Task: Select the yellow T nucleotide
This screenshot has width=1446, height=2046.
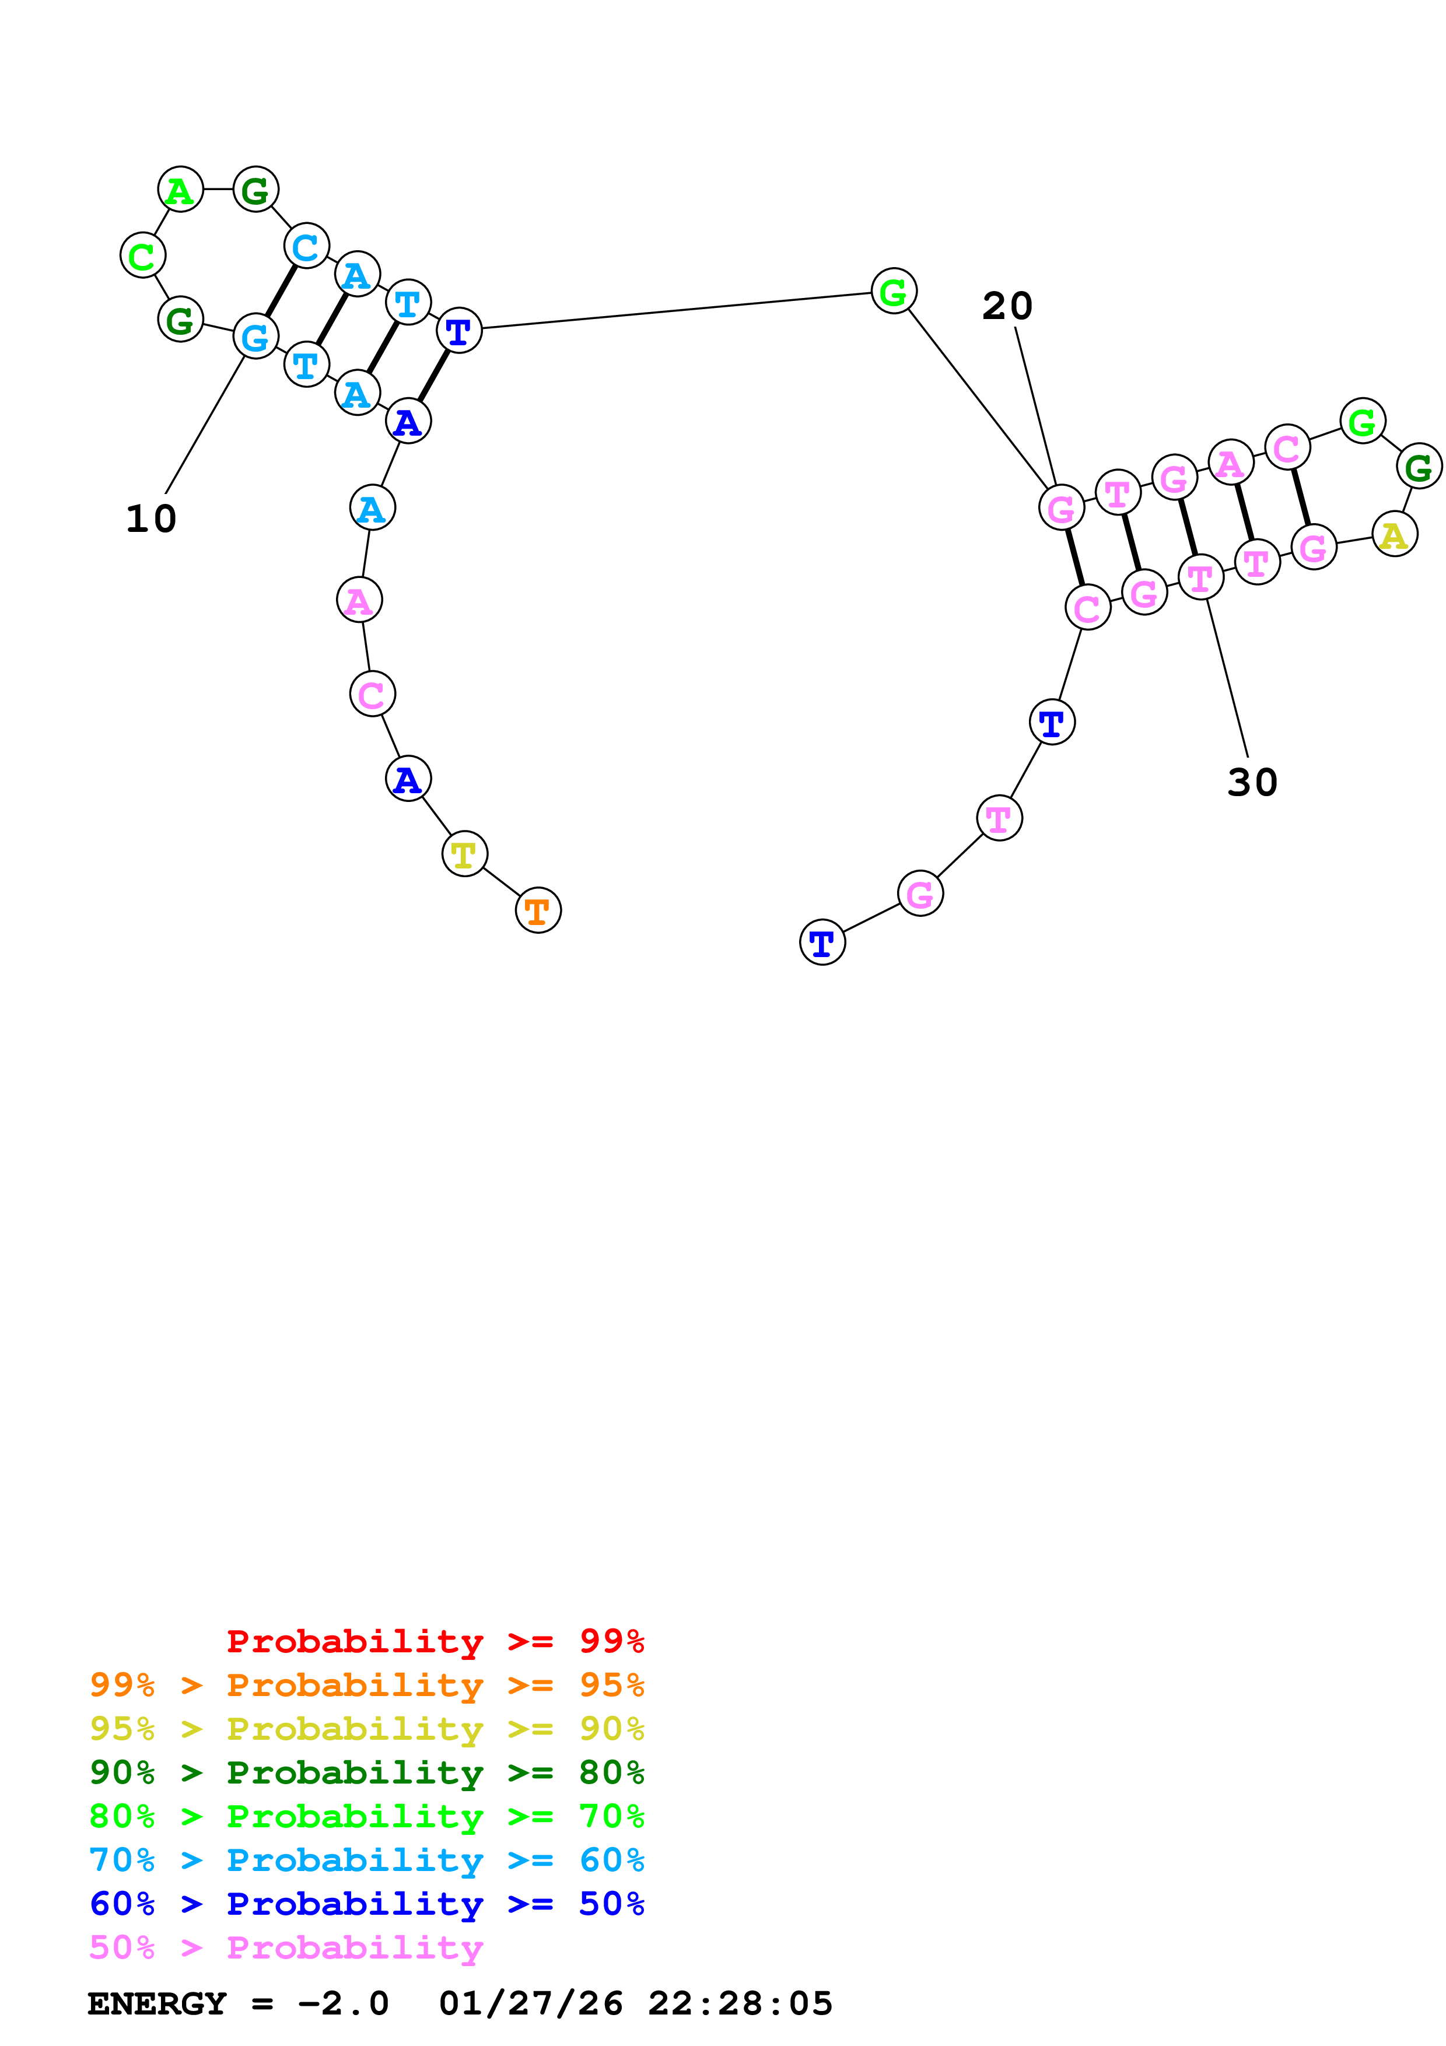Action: [x=464, y=854]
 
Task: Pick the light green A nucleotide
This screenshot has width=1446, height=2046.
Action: [x=180, y=190]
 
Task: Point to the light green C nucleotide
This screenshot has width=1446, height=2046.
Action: [x=142, y=255]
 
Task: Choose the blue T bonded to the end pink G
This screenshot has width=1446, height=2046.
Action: [x=821, y=942]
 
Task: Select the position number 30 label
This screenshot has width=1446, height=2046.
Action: [x=1252, y=782]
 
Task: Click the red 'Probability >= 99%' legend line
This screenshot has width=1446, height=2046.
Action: [x=435, y=1641]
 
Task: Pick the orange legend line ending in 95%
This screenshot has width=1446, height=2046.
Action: [x=366, y=1684]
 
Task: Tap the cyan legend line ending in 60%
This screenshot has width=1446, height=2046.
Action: [x=366, y=1860]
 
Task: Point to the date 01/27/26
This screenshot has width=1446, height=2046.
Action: [x=530, y=2003]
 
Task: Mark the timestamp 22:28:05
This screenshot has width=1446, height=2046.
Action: [x=740, y=2003]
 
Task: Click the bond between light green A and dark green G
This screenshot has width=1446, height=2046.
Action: [x=218, y=190]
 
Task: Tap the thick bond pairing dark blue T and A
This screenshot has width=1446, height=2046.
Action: [x=433, y=376]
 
